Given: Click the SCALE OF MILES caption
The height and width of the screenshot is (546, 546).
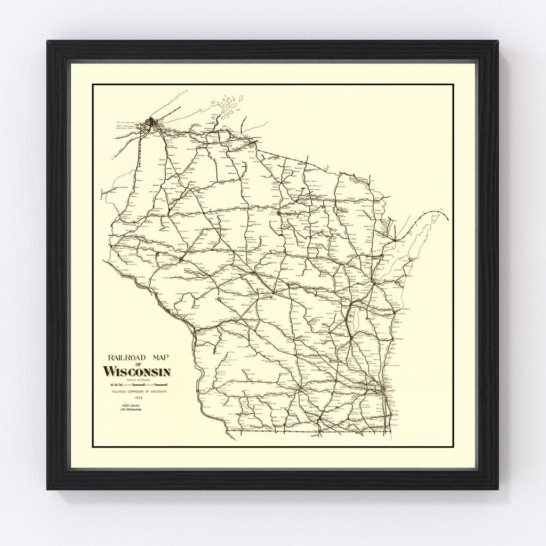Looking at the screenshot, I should click(137, 379).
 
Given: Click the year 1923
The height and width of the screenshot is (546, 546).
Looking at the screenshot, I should click(139, 398).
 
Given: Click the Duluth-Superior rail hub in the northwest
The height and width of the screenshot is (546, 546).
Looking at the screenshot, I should click(152, 124).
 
